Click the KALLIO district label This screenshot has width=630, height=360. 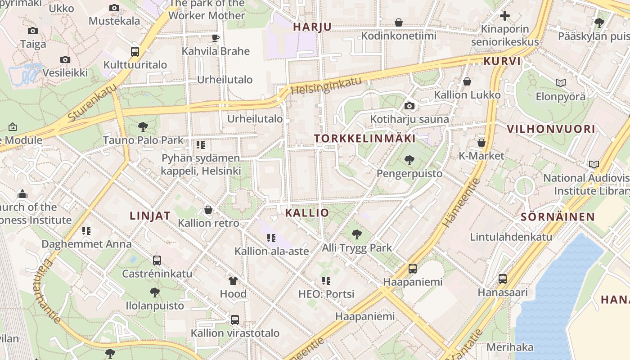point(307,212)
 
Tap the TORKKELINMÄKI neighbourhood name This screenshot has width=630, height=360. point(365,138)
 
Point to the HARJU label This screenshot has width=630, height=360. point(312,27)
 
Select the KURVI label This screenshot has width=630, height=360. point(502,61)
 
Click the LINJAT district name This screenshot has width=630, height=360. point(150,216)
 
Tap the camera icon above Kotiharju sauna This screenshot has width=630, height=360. point(409,106)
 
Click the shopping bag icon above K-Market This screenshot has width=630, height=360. point(481,143)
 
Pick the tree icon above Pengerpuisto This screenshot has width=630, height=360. point(409,160)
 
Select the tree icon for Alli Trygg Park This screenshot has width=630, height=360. point(357,234)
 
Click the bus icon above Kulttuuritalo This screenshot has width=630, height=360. point(135,51)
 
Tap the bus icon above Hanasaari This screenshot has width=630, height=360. point(503,279)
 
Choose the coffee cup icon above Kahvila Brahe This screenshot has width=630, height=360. point(215,38)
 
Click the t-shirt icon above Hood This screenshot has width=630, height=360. point(233,281)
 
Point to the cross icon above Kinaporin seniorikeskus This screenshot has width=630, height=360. point(505,16)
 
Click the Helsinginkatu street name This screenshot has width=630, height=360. point(326,85)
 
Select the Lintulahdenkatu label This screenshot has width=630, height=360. point(511,237)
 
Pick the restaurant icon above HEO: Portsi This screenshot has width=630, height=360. point(326,281)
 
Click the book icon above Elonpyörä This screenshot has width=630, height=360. point(560,83)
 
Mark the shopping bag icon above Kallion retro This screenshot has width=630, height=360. point(208,210)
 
